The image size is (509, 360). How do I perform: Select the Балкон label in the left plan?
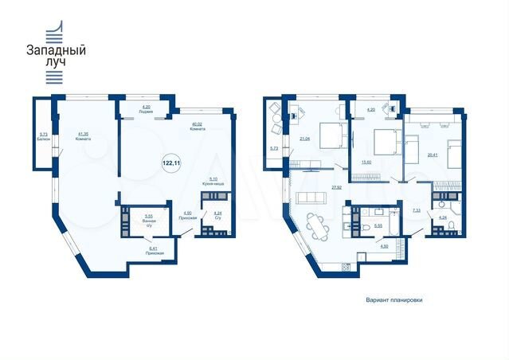pyautogui.click(x=43, y=137)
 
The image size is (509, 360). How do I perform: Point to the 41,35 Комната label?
pyautogui.click(x=82, y=136)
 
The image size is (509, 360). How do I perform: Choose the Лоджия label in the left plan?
pyautogui.click(x=146, y=110)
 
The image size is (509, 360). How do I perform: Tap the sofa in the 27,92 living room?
pyautogui.click(x=307, y=198)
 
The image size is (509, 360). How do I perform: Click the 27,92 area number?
pyautogui.click(x=336, y=188)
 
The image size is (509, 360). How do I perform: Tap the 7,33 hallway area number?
pyautogui.click(x=416, y=211)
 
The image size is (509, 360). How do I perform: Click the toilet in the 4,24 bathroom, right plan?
pyautogui.click(x=452, y=228)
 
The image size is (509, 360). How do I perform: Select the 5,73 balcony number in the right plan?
pyautogui.click(x=273, y=148)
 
